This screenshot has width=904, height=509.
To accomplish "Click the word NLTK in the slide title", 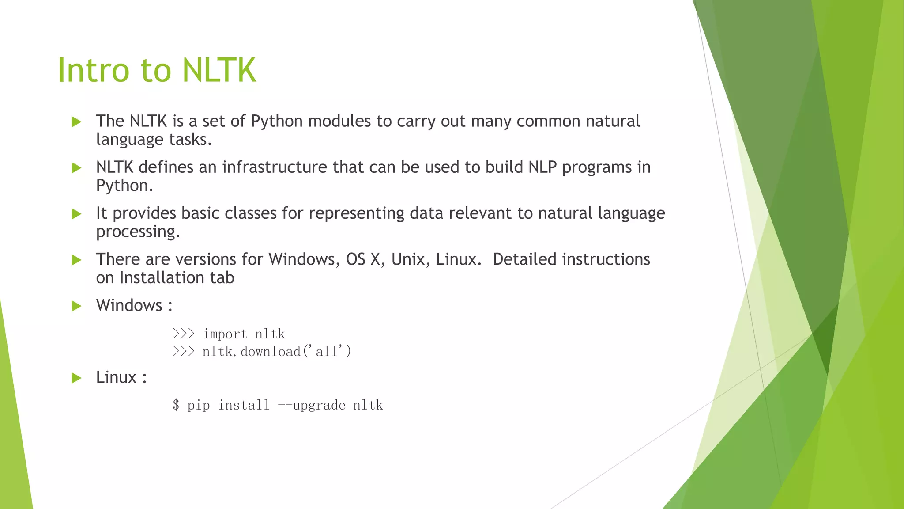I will click(219, 70).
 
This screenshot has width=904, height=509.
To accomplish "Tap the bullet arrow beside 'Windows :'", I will click(76, 306).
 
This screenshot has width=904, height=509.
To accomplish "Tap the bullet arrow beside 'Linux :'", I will click(76, 378).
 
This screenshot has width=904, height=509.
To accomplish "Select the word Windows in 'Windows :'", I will click(129, 305).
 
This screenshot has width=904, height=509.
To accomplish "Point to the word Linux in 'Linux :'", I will click(116, 377).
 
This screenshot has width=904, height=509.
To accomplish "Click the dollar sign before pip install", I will click(176, 405).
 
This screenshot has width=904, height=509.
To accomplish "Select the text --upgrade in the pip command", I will click(312, 405).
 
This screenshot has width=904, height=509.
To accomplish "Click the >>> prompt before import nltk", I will click(183, 334).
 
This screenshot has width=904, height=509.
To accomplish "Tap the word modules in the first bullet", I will click(339, 121).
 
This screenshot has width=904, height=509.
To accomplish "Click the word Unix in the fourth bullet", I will click(408, 259).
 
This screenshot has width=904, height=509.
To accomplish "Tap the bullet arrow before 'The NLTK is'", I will click(76, 122).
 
